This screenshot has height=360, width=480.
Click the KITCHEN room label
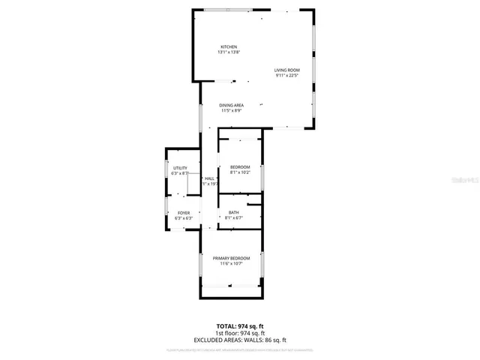pyautogui.click(x=228, y=46)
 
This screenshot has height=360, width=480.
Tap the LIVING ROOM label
pyautogui.click(x=287, y=70)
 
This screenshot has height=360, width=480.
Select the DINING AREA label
pyautogui.click(x=231, y=105)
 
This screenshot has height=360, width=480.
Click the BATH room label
pyautogui.click(x=234, y=212)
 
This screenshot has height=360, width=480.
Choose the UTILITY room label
pyautogui.click(x=180, y=168)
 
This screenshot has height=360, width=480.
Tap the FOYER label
pyautogui.click(x=184, y=213)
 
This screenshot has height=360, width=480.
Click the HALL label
pyautogui.click(x=209, y=178)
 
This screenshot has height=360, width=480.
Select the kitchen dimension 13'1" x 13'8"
pyautogui.click(x=228, y=52)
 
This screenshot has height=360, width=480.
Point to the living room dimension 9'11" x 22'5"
pyautogui.click(x=287, y=76)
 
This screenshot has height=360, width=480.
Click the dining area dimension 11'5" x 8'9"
pyautogui.click(x=231, y=111)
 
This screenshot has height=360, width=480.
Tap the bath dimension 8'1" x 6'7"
pyautogui.click(x=234, y=218)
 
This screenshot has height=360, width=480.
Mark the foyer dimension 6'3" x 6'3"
pyautogui.click(x=184, y=219)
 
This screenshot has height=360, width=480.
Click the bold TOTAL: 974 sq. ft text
pyautogui.click(x=240, y=326)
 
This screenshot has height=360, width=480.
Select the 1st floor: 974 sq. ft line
pyautogui.click(x=240, y=333)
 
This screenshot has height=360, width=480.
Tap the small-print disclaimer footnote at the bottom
pyautogui.click(x=240, y=349)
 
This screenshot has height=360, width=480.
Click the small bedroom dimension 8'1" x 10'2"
pyautogui.click(x=240, y=172)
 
